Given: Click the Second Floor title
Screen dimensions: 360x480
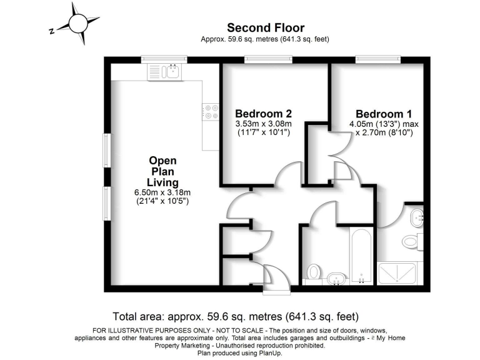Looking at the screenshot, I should click(x=265, y=27).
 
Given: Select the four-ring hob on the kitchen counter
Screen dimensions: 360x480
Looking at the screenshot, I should click(x=210, y=111).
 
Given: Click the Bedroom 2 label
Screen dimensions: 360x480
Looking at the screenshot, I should click(x=263, y=114).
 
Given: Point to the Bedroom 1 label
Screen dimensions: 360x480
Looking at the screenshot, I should click(x=383, y=114).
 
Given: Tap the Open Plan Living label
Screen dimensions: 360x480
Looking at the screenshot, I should click(x=162, y=171).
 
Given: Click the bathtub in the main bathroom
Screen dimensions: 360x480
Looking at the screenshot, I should click(x=361, y=256).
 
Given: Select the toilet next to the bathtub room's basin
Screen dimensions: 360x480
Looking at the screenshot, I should click(x=314, y=271).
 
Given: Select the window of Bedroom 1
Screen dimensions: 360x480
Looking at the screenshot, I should click(x=374, y=59).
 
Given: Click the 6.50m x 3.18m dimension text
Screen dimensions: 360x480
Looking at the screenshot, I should click(x=163, y=192).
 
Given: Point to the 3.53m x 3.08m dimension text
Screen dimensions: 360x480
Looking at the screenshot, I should click(x=263, y=124).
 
